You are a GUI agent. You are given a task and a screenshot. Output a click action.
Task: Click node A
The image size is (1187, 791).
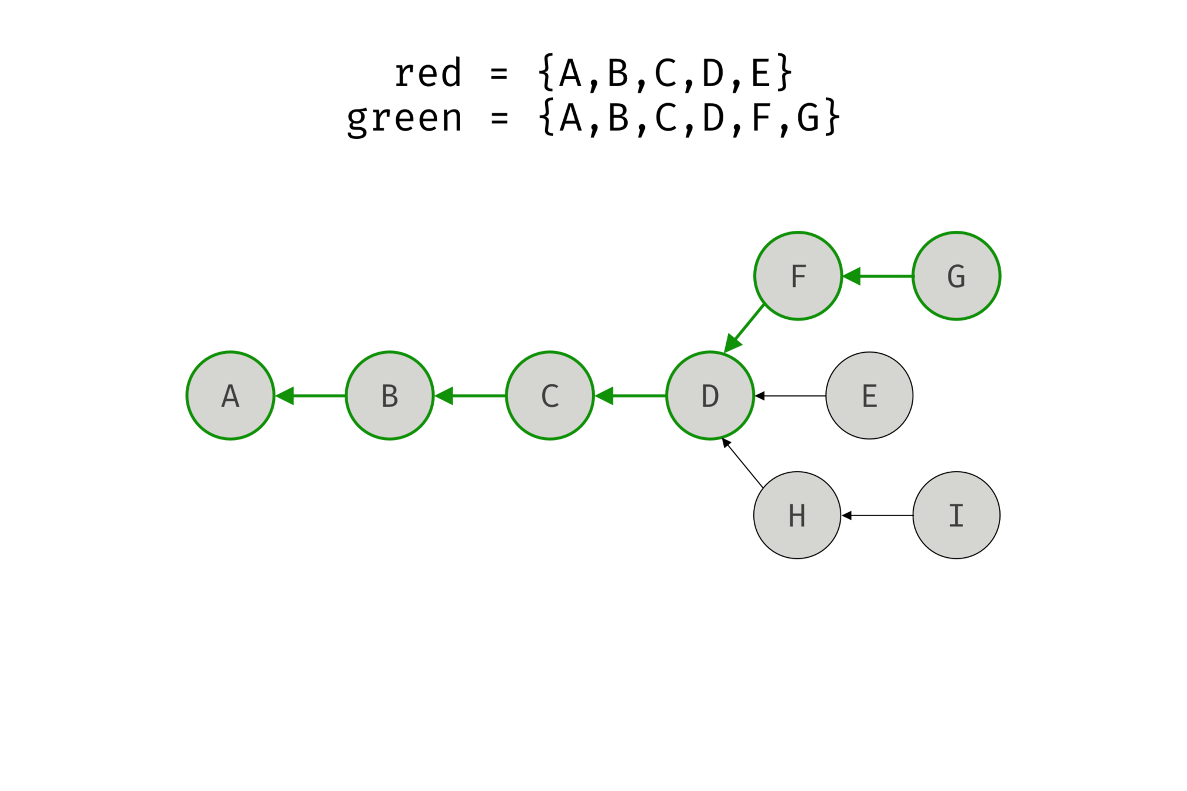[x=230, y=395]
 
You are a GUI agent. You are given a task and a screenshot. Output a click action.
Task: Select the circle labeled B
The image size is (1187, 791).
[x=390, y=395]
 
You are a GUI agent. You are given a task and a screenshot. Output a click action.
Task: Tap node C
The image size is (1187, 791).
[x=550, y=395]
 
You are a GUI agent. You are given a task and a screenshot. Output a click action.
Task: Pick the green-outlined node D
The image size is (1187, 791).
[x=710, y=395]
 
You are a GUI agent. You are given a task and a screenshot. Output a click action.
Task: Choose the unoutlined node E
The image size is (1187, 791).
[x=869, y=395]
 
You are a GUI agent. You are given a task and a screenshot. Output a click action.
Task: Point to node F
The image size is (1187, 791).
[x=798, y=276]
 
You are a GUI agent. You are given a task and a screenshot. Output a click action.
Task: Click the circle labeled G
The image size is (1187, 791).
[x=957, y=276]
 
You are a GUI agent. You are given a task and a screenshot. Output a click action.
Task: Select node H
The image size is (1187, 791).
[x=797, y=515]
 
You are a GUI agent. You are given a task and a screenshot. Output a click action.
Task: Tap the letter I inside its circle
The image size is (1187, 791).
[x=957, y=516]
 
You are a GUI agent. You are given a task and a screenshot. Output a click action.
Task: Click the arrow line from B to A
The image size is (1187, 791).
[x=319, y=396]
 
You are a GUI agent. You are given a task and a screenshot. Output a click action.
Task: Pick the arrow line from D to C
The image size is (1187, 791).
[x=639, y=396]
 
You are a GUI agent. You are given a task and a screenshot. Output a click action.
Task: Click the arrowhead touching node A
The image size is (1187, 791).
[x=285, y=396]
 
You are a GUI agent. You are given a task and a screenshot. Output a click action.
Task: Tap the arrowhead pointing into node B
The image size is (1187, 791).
[x=445, y=396]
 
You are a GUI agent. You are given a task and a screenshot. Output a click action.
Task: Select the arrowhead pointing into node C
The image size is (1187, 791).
[x=605, y=396]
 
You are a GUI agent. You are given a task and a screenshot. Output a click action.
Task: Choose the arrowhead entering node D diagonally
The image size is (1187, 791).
[x=732, y=343]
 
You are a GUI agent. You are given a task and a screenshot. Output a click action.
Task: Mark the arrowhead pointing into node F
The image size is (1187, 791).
[x=852, y=276]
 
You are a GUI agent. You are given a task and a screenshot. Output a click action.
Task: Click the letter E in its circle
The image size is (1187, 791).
[x=869, y=396]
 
